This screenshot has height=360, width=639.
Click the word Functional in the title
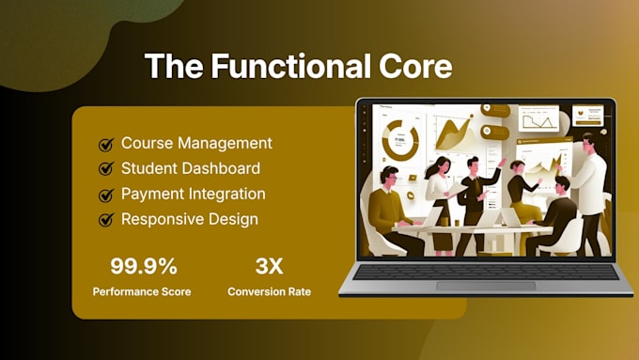290,66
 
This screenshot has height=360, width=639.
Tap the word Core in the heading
415,67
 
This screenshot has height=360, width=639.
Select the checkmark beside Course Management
106,145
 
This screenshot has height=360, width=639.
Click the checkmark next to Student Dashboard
106,169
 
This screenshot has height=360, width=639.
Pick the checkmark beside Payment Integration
106,195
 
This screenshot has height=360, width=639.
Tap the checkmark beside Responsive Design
106,220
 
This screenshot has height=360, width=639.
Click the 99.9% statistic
144,266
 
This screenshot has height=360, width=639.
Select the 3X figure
269,266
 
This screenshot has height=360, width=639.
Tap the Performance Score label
142,292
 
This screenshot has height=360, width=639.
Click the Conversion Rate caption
270,292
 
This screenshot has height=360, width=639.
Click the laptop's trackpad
486,286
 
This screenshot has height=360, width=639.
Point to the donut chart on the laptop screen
400,140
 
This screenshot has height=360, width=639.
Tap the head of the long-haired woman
440,166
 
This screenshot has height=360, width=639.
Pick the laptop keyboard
486,272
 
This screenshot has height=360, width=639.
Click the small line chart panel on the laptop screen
538,118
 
